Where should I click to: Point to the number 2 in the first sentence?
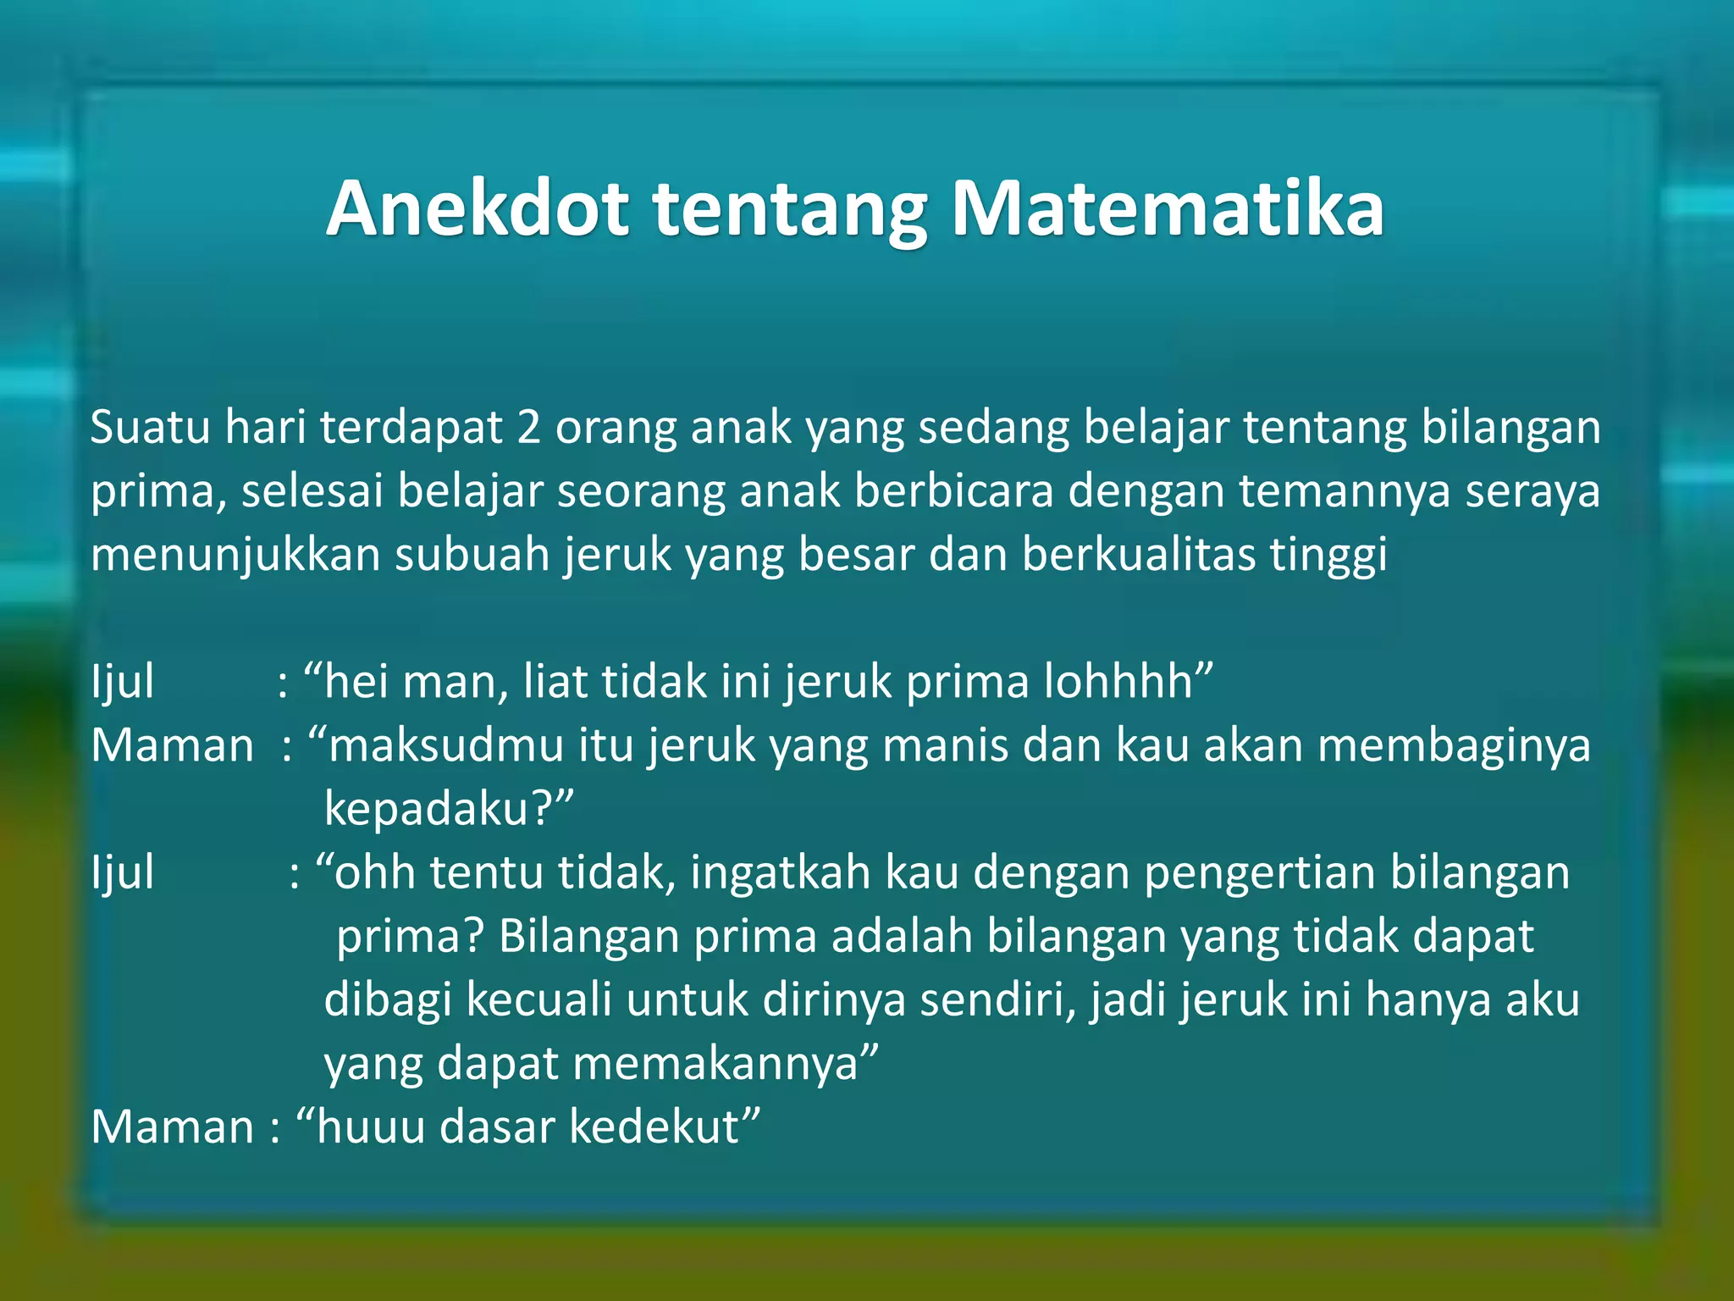point(528,428)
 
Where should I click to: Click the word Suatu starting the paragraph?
point(150,428)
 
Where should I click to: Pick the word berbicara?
point(953,491)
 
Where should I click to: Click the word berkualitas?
point(1139,556)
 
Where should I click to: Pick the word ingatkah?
point(780,873)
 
